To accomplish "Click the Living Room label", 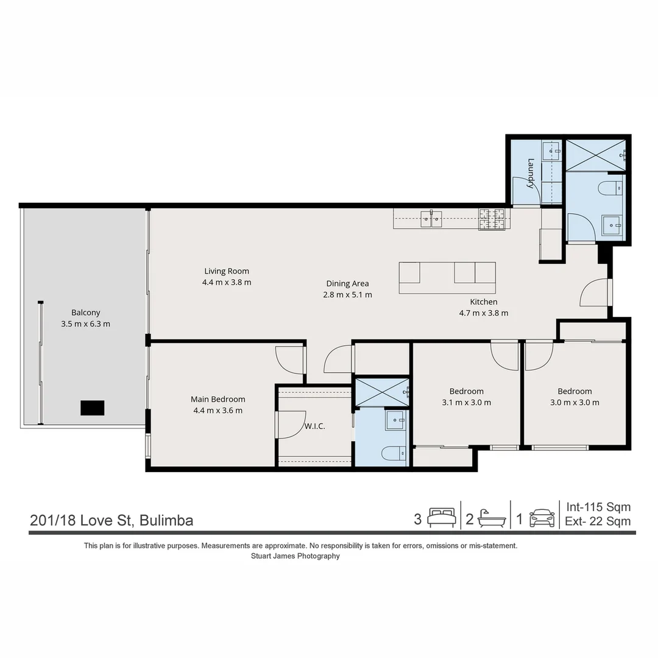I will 227,271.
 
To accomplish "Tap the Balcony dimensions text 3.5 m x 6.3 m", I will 85,324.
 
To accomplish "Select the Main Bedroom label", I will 218,399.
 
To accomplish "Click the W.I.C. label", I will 314,426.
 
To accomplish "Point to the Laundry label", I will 531,173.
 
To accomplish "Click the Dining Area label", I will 347,283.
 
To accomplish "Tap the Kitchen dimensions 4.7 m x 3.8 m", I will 483,313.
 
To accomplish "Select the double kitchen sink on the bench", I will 431,218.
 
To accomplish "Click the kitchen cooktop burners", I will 492,219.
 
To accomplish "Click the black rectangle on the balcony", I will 93,408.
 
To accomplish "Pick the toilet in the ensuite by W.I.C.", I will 391,453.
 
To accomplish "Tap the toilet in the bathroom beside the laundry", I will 609,188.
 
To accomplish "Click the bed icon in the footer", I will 440,518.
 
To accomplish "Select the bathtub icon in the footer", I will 492,518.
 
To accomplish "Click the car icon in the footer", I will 542,518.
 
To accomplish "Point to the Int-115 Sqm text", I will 598,507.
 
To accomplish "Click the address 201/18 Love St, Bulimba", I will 111,520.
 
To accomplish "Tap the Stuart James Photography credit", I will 295,556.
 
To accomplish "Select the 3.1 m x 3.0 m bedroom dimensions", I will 466,402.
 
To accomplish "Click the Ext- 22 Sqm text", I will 598,522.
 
